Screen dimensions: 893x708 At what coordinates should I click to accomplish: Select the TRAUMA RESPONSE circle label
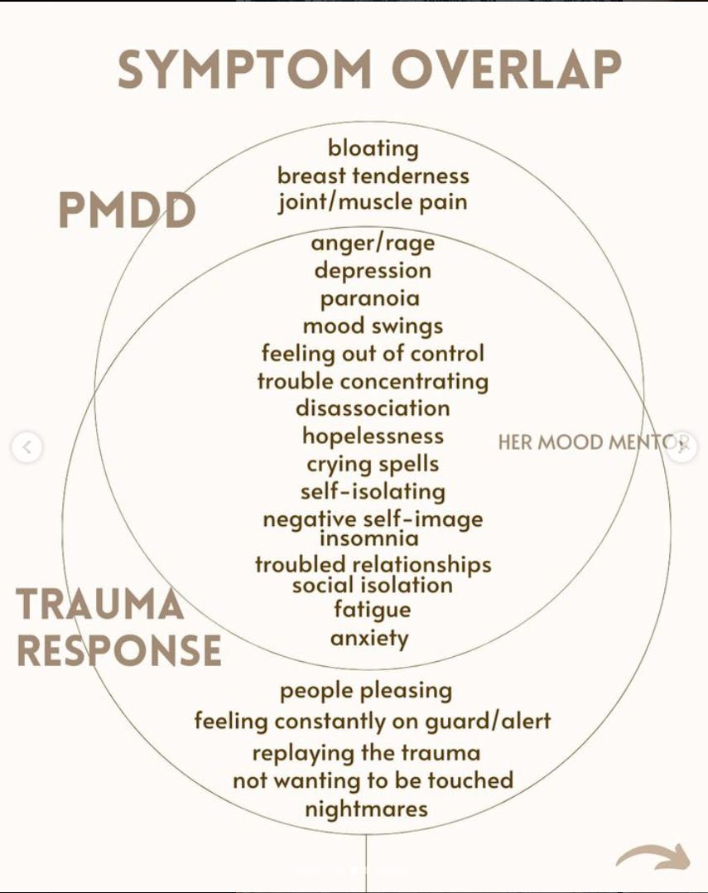(118, 627)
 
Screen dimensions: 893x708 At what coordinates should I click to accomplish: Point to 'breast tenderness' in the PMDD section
(373, 175)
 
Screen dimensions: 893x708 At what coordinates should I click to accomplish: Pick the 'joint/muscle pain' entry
(373, 202)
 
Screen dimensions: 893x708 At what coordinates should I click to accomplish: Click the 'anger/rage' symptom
(373, 243)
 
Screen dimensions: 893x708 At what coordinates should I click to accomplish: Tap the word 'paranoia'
(370, 298)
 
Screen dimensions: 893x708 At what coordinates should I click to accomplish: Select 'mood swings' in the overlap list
(373, 326)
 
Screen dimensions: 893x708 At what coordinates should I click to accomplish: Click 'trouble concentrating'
(373, 381)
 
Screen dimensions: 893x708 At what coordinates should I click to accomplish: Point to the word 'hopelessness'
(373, 436)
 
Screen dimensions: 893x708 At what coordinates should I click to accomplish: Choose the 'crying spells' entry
(373, 464)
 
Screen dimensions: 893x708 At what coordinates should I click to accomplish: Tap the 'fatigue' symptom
(372, 610)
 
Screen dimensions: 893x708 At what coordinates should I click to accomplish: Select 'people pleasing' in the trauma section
(366, 690)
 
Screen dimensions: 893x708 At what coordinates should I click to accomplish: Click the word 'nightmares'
(366, 809)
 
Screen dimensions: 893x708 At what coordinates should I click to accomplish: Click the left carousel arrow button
(26, 447)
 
